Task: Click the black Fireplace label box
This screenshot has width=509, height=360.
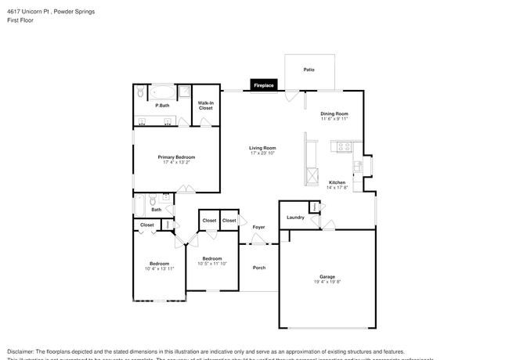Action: click(263, 85)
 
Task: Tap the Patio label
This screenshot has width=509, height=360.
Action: click(309, 70)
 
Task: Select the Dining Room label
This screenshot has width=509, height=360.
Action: click(334, 114)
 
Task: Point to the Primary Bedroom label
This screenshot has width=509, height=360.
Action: click(176, 157)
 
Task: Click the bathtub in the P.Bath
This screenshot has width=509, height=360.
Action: click(163, 92)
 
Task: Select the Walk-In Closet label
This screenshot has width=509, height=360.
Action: click(205, 106)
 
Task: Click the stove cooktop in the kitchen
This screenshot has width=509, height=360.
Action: click(342, 146)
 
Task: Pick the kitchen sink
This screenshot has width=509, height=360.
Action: click(357, 166)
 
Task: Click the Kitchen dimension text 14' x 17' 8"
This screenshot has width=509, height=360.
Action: click(336, 188)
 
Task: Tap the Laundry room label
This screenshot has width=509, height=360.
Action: click(295, 218)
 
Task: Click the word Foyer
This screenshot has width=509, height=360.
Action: click(258, 227)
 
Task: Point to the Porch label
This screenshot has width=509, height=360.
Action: click(258, 268)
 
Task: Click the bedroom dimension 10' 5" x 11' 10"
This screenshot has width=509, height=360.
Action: click(213, 264)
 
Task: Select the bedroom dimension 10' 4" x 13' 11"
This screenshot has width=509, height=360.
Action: click(159, 268)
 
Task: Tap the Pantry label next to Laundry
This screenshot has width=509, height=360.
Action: click(314, 207)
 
